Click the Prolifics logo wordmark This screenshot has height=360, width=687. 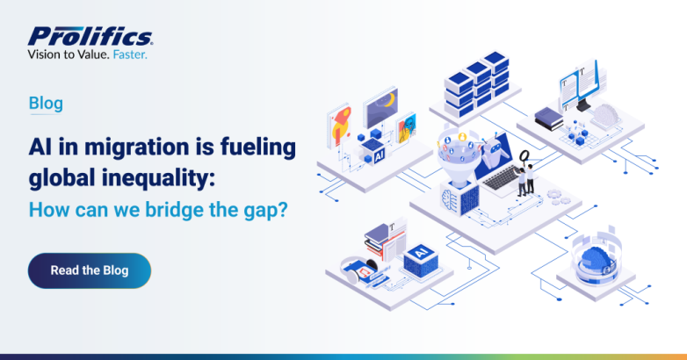click(90, 36)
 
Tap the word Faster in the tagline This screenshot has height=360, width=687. click(130, 54)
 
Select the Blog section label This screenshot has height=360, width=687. click(46, 104)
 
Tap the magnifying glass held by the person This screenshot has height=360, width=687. click(524, 156)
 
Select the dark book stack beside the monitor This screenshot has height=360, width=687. click(548, 119)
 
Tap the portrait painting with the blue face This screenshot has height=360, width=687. click(406, 128)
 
